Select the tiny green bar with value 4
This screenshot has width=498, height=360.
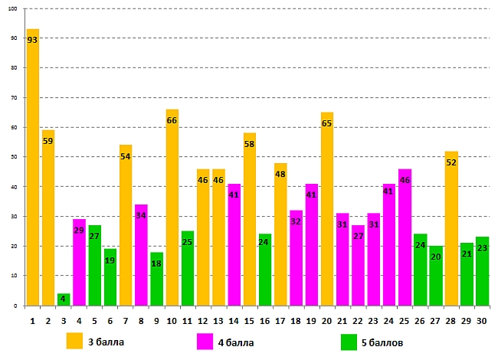(x=64, y=299)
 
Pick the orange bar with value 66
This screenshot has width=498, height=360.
(x=172, y=207)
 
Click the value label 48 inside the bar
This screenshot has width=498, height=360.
(x=280, y=174)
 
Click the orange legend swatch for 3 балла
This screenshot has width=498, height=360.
(x=74, y=340)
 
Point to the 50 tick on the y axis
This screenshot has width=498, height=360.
(x=16, y=157)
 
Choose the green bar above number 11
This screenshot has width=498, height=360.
(x=188, y=268)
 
